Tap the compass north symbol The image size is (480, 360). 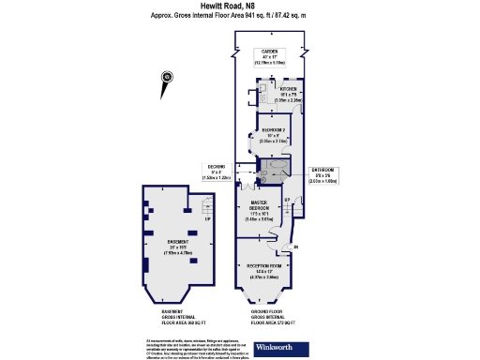click(x=167, y=78)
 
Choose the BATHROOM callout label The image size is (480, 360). click(x=322, y=172)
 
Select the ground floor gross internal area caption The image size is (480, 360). click(x=267, y=318)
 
